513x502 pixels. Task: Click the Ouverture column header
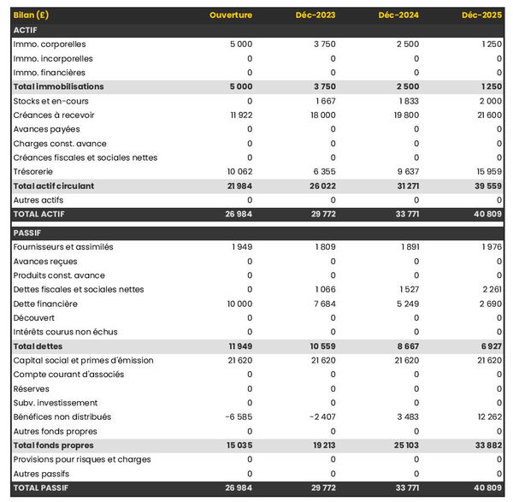[x=231, y=15]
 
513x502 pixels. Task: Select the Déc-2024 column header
[x=399, y=15]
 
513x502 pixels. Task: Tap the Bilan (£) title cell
[x=31, y=15]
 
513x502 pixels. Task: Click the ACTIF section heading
[x=25, y=30]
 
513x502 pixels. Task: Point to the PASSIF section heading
[x=28, y=233]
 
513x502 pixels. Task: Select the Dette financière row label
[x=45, y=304]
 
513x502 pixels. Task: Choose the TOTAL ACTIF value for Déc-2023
[x=320, y=215]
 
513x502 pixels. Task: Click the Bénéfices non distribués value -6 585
[x=237, y=416]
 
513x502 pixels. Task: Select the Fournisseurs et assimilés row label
[x=63, y=247]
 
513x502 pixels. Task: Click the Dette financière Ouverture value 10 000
[x=239, y=304]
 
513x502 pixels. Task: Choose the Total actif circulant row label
[x=54, y=186]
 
